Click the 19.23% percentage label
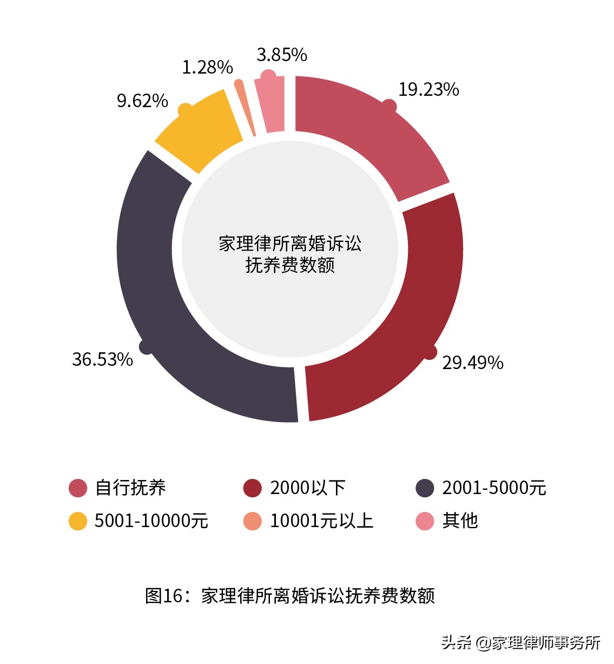point(428,89)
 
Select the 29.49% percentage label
point(472,363)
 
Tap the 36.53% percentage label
point(102,359)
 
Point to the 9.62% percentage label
point(142,101)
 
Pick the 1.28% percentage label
point(207,67)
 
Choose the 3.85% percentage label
point(281,55)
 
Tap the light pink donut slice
point(272,106)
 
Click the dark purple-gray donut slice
point(162,303)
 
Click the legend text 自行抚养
point(130,488)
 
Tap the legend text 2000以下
point(307,488)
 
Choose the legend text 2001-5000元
point(494,488)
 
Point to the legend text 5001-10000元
point(151,521)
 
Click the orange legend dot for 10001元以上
point(253,521)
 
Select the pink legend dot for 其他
point(425,521)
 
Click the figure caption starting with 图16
point(290,595)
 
